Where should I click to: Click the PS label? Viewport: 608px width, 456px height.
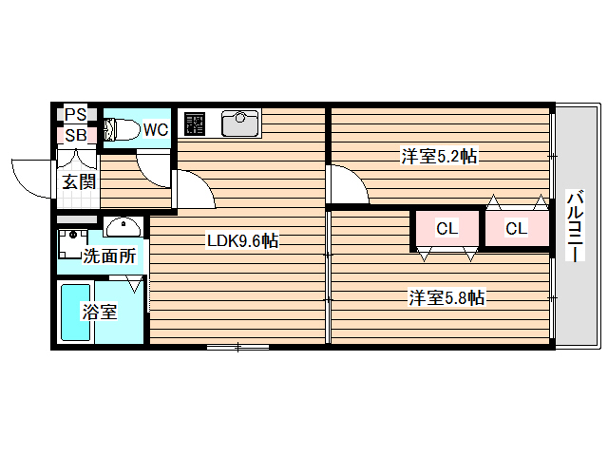coord(75,114)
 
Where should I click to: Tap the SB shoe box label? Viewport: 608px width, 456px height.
coord(76,135)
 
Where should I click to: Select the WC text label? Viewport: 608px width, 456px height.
coord(156,129)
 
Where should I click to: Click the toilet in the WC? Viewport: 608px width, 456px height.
coord(122,129)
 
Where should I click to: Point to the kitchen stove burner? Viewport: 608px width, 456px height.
coord(194,123)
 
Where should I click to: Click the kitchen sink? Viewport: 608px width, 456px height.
coord(239,123)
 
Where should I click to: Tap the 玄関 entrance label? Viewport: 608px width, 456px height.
coord(79,181)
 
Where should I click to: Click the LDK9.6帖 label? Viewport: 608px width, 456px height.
coord(243,240)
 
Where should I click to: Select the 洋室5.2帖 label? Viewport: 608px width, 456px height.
coord(439,156)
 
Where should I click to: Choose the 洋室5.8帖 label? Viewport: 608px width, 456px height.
coord(446,297)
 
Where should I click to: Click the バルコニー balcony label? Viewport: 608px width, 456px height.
coord(576,226)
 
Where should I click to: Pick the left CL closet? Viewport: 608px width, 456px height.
coord(447,228)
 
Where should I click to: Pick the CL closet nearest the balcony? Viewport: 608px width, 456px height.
coord(517,228)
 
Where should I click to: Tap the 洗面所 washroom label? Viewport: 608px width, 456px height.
coord(110,256)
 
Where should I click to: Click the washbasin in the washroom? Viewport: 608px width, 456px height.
coord(123,227)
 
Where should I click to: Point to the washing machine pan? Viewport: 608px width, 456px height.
coord(72,244)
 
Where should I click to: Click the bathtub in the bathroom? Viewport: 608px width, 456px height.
coord(76,313)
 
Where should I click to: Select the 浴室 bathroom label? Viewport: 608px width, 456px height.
coord(99,312)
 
